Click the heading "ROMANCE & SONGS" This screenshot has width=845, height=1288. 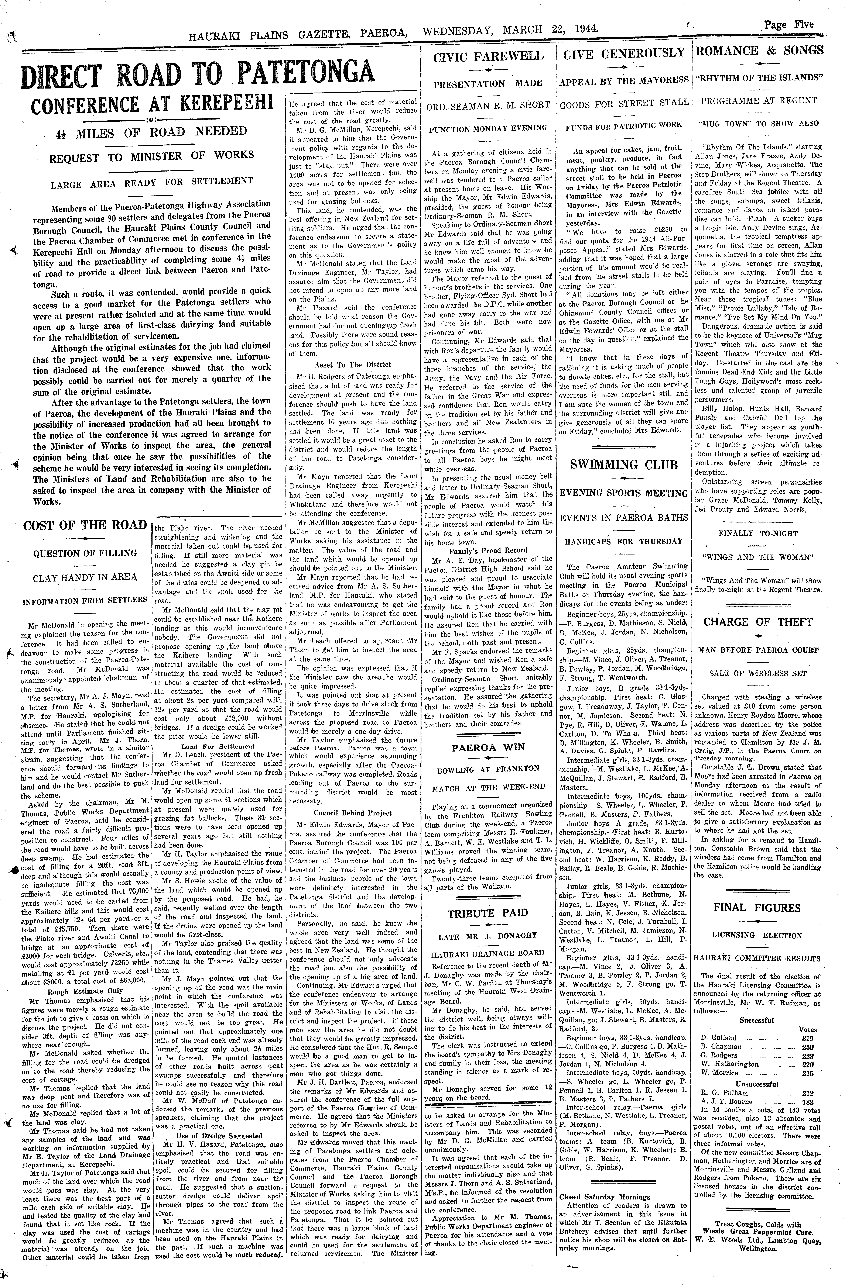(x=759, y=51)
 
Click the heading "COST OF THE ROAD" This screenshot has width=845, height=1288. (x=85, y=525)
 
